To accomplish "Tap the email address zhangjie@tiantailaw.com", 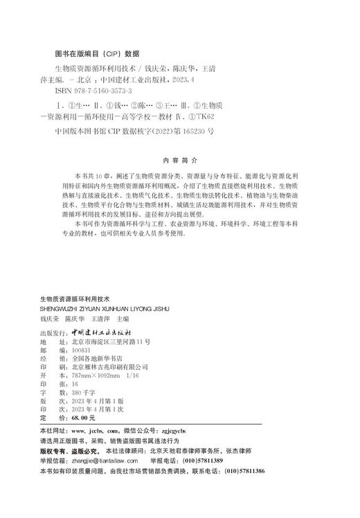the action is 108,459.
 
